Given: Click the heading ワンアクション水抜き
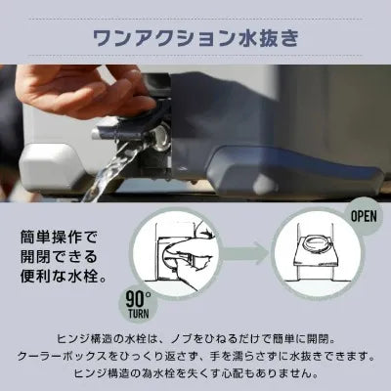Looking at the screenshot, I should pos(195,38).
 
